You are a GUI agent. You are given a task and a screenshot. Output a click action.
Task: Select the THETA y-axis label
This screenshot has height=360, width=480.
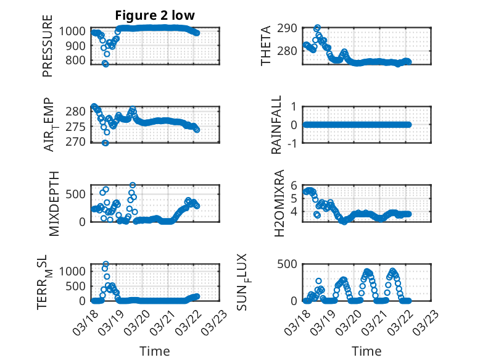click(266, 46)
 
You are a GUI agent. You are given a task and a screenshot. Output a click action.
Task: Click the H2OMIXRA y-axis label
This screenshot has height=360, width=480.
click(279, 203)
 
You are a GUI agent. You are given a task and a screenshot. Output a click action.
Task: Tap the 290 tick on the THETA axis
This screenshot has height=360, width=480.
click(291, 28)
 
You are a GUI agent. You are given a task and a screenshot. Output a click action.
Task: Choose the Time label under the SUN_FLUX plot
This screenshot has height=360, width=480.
click(366, 351)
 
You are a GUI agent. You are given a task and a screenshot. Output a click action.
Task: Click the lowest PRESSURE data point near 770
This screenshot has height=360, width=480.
click(106, 64)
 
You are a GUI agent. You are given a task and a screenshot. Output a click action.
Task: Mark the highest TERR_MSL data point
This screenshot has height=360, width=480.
click(106, 264)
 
